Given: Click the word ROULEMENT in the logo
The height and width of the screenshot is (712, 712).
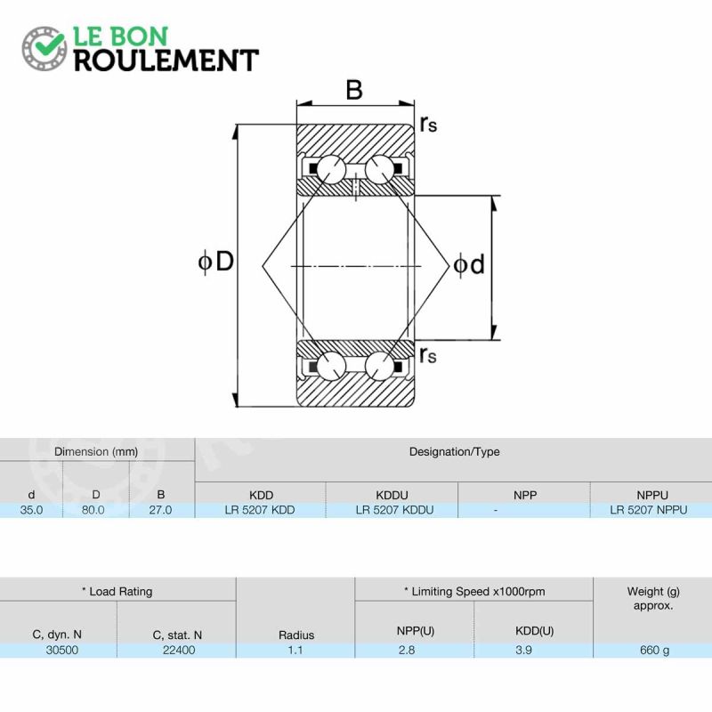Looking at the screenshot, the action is [166, 61].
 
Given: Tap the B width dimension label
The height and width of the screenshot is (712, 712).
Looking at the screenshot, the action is [354, 90].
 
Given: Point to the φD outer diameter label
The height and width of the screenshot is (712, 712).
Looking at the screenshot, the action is [216, 262].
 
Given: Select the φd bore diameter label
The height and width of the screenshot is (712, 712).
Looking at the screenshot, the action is [470, 264].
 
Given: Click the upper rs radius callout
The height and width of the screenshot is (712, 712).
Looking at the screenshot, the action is [428, 124].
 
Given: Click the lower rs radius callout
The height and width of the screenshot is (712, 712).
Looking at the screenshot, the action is [428, 354].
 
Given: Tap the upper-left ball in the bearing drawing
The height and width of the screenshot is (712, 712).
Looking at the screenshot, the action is [331, 170].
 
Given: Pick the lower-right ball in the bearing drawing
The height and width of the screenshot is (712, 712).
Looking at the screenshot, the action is [380, 366].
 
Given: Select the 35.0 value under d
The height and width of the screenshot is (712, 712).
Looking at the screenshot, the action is [31, 510].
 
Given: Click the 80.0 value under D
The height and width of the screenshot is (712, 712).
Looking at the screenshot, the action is [93, 510].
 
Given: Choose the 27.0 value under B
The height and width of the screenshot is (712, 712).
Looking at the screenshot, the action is [160, 510].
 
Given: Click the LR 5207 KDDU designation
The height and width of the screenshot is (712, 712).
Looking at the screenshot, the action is [394, 510].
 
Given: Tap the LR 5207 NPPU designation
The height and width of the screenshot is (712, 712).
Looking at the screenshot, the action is [649, 510].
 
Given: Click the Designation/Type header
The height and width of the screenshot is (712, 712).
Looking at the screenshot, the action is [455, 452].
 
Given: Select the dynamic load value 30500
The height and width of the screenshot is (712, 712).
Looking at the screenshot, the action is [62, 651].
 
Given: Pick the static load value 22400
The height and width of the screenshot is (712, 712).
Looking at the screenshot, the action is [179, 651].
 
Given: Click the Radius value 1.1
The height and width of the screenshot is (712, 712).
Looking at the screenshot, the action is [295, 651].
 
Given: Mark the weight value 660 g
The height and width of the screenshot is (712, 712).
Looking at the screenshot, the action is [654, 651].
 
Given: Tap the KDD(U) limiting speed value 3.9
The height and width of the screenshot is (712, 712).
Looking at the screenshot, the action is [523, 651].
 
